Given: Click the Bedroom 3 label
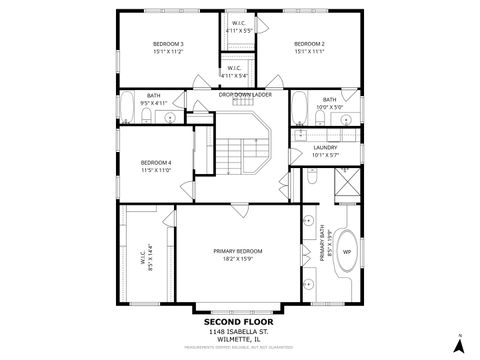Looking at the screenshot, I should [x=168, y=44].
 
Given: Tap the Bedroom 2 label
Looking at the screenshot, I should [x=309, y=44].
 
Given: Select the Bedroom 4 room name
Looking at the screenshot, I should [x=156, y=162].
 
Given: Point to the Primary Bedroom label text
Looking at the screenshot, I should [x=238, y=251].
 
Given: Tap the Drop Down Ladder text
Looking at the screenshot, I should [x=245, y=94].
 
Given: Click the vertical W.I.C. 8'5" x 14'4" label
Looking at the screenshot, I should [x=142, y=258].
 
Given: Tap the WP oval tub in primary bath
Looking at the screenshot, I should [x=347, y=251].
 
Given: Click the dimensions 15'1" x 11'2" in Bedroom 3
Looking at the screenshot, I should [x=168, y=51].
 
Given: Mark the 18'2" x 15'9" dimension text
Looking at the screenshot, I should [x=238, y=258].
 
